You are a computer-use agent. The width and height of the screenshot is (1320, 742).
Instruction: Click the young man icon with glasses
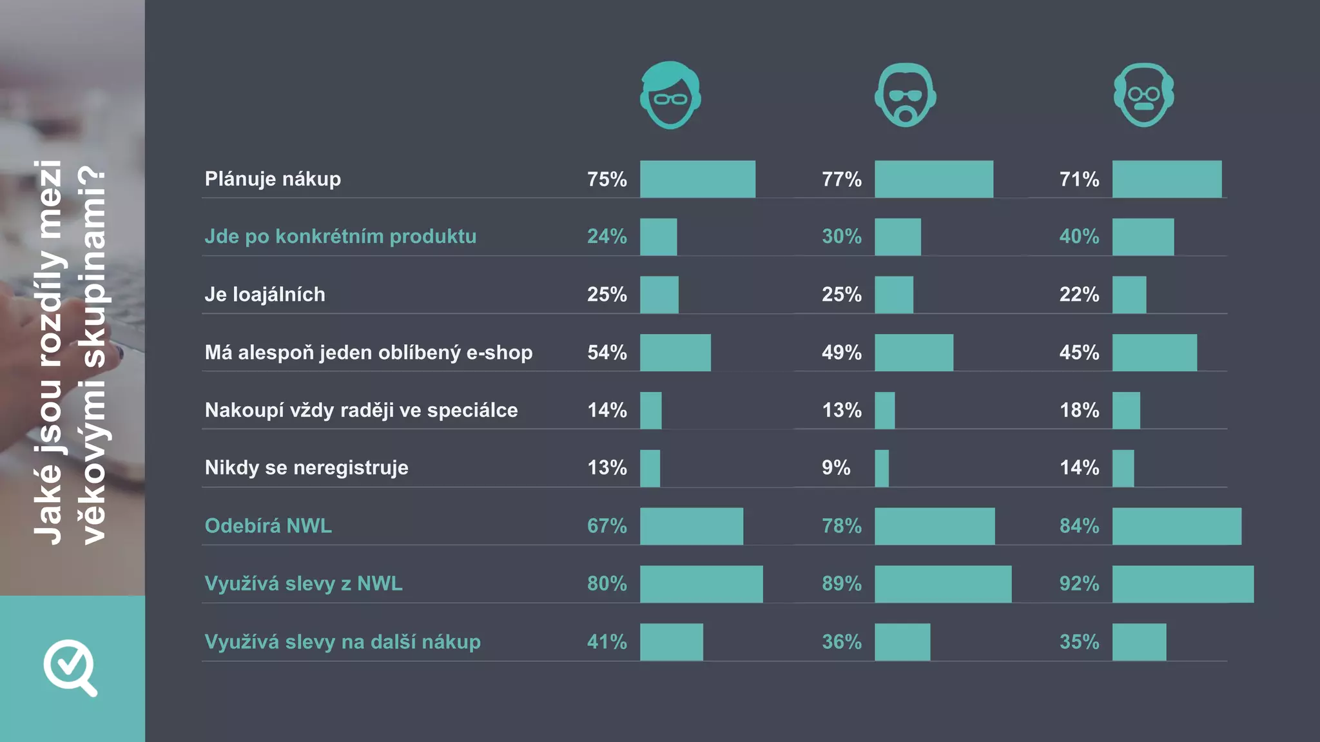(x=670, y=95)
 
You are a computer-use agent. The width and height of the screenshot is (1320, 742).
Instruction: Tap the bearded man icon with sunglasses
(x=905, y=95)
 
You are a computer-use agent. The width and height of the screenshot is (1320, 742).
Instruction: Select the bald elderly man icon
(x=1143, y=95)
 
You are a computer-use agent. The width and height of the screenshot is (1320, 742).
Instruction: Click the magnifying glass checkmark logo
(x=70, y=667)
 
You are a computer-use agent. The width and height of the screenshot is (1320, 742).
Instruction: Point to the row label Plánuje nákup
(x=273, y=179)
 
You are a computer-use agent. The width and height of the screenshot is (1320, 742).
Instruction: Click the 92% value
(x=1079, y=584)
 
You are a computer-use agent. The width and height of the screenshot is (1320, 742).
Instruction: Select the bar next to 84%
(x=1176, y=526)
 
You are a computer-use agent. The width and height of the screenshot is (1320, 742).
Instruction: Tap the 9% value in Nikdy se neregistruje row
(x=836, y=468)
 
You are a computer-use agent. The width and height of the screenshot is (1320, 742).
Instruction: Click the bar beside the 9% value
(x=882, y=468)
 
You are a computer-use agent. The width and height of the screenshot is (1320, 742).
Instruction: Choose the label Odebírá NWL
(x=268, y=526)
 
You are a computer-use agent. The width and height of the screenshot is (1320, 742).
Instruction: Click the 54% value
(x=607, y=353)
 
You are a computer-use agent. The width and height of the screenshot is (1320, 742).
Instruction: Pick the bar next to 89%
(x=943, y=584)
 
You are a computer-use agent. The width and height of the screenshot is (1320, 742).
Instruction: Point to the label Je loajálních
(x=265, y=295)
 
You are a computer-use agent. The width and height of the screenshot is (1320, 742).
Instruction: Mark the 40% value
(x=1079, y=237)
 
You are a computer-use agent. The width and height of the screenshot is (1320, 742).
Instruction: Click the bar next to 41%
(x=671, y=642)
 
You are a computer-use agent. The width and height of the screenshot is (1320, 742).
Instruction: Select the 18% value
(x=1079, y=410)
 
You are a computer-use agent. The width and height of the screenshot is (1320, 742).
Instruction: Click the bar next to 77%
(x=933, y=179)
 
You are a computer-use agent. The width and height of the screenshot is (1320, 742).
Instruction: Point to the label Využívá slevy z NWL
(x=304, y=584)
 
